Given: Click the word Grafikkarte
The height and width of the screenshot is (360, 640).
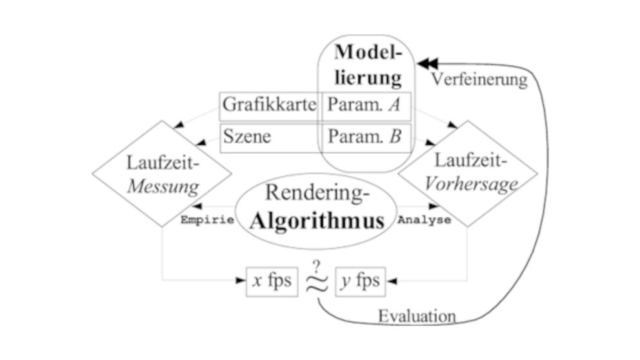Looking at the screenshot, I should pos(270,104).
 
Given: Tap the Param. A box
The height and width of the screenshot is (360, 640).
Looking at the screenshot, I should pos(365,105).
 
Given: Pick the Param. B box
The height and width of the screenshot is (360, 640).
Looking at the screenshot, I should pos(365,137).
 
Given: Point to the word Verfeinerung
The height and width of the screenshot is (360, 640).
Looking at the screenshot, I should pos(479,80).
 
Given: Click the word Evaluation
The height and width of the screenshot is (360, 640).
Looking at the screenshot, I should pos(417,316).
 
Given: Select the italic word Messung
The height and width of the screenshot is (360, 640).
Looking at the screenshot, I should pos(162,187).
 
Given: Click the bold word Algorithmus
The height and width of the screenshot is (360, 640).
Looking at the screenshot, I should pos(317,221).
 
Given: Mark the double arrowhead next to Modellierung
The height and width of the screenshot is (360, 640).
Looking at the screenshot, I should pos(427,63).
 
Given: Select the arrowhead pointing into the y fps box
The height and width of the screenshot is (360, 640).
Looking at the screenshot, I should pos(392,281).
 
